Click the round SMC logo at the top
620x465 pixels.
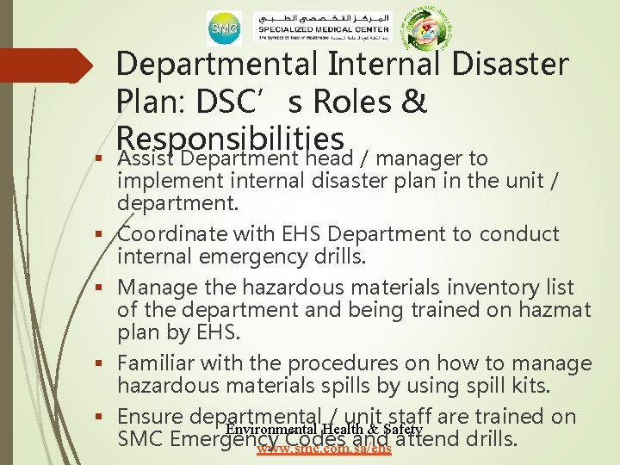click(x=223, y=28)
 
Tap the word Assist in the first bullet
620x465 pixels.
click(x=146, y=159)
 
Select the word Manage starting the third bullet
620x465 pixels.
click(x=156, y=288)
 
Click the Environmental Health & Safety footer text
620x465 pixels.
click(x=324, y=429)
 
